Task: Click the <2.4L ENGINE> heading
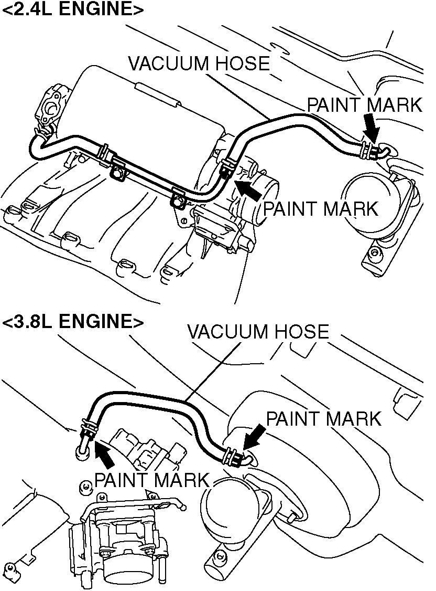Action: (73, 10)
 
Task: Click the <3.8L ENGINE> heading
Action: (73, 321)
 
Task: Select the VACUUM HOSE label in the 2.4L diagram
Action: (199, 64)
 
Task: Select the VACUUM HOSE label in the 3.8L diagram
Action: (258, 332)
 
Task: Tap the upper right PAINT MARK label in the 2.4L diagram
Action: (364, 105)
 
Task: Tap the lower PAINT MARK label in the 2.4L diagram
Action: (320, 209)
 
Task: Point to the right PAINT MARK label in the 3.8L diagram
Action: (323, 419)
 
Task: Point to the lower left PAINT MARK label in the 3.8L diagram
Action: (151, 479)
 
